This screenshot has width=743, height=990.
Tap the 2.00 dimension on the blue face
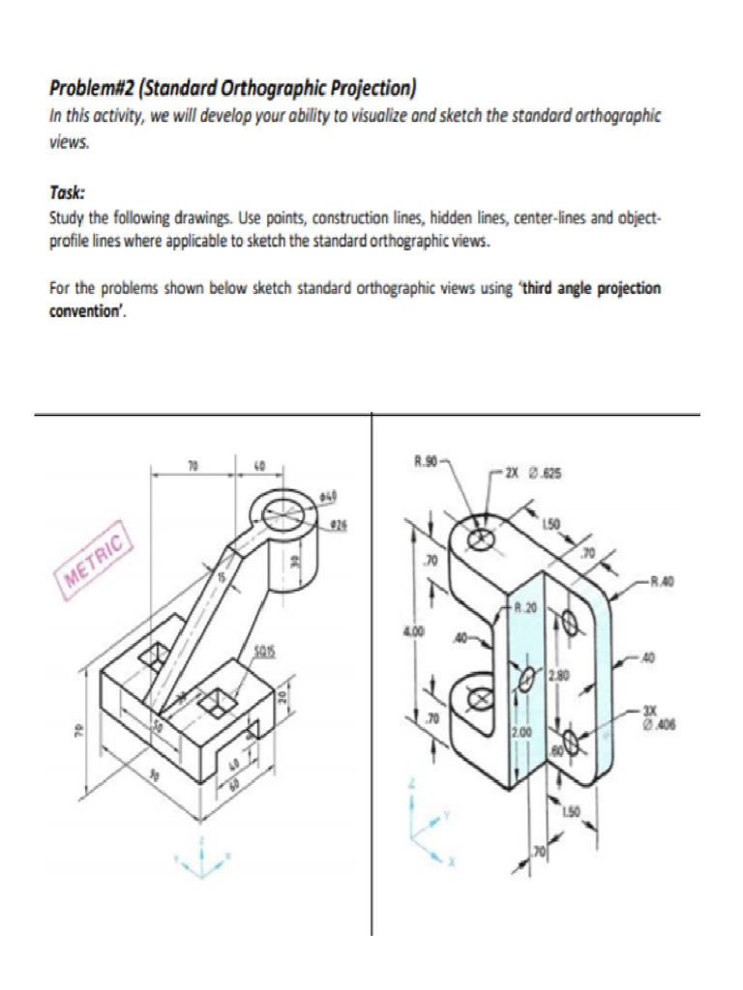(521, 734)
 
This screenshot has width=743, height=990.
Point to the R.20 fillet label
(525, 609)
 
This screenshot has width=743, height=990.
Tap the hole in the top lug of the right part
(481, 537)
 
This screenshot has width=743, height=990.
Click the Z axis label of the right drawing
(413, 785)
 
